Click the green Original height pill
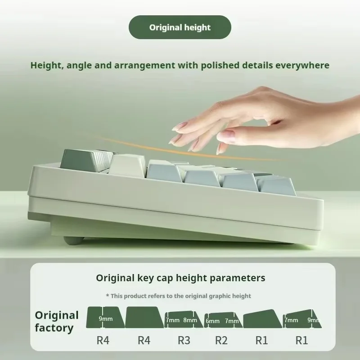click(180, 27)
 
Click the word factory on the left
click(54, 328)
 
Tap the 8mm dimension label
click(190, 320)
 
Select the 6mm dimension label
click(212, 321)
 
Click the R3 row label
click(184, 340)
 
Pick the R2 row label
click(221, 340)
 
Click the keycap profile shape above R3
click(184, 319)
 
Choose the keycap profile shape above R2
click(221, 320)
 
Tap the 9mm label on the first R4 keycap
click(106, 319)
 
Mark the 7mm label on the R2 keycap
click(232, 321)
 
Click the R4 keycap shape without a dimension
click(144, 318)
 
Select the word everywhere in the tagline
click(302, 66)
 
